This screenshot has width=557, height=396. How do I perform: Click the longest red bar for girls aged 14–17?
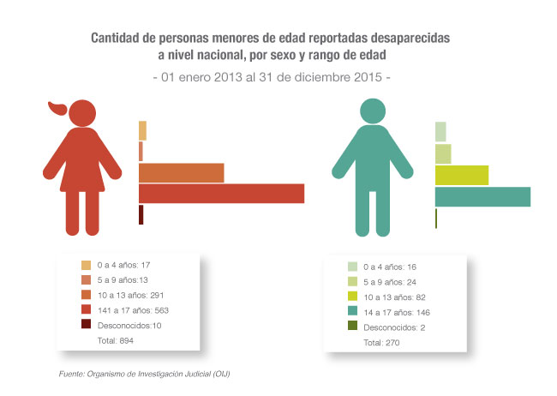[x=221, y=194]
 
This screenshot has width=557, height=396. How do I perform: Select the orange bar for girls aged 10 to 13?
[x=181, y=172]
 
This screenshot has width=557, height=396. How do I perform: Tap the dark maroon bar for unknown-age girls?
[x=141, y=215]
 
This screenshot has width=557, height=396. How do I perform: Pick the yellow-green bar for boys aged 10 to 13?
[x=461, y=175]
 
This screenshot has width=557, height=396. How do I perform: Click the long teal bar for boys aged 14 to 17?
[x=482, y=196]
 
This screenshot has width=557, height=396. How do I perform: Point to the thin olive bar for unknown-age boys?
[x=436, y=219]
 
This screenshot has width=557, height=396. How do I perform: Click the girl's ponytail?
[x=57, y=108]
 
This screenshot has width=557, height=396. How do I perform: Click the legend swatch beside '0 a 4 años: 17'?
[x=86, y=265]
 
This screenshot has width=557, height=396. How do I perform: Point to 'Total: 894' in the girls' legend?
[x=116, y=340]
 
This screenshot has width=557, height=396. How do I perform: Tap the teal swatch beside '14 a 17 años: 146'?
[x=352, y=312]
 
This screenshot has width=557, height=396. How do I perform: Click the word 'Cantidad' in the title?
[x=118, y=39]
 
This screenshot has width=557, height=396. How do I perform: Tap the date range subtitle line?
[x=272, y=77]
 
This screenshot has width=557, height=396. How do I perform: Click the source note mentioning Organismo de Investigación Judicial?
[x=145, y=374]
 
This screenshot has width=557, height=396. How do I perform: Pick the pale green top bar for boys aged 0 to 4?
[x=440, y=131]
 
